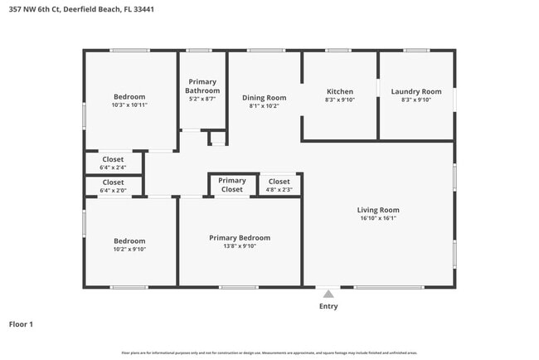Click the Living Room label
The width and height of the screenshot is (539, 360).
(x=378, y=210)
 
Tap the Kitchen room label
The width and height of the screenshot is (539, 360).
(x=340, y=91)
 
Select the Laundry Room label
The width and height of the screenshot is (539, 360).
(x=415, y=91)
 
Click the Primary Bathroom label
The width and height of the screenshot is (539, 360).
(x=202, y=85)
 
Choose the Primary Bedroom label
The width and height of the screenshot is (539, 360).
(x=239, y=238)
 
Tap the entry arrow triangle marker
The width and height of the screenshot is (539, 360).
(x=328, y=293)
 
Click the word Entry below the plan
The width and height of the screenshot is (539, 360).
(x=328, y=306)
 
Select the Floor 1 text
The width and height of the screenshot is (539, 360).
(x=21, y=324)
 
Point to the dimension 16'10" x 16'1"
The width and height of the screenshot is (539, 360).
(x=378, y=219)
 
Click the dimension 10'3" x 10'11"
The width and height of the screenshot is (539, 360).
(x=129, y=105)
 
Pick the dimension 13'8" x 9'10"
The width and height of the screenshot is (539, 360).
(x=239, y=246)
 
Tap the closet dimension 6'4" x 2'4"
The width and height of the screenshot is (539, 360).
(x=113, y=167)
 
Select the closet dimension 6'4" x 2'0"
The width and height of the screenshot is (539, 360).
(x=113, y=190)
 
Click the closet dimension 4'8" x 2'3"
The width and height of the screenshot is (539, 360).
(x=279, y=190)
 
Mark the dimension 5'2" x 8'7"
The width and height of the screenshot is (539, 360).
(x=202, y=100)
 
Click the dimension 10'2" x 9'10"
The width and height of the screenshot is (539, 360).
(x=129, y=249)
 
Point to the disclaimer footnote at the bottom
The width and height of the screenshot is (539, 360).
(x=269, y=352)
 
